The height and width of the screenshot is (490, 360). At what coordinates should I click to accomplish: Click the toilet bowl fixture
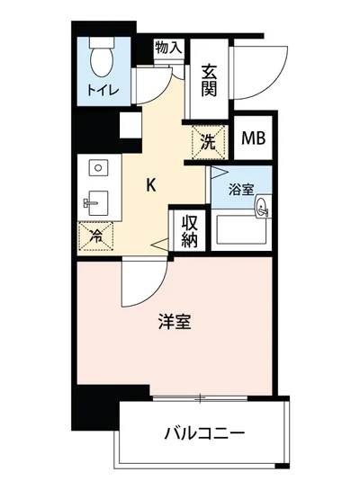click(102, 62)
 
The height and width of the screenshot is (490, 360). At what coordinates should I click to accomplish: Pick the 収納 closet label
click(190, 230)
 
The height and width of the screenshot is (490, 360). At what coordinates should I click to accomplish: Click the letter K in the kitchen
click(152, 186)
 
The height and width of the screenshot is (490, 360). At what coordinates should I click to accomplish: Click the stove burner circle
click(96, 167)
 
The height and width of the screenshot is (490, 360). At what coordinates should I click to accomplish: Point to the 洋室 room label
click(175, 322)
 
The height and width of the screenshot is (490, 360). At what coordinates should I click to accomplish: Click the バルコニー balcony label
click(204, 434)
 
